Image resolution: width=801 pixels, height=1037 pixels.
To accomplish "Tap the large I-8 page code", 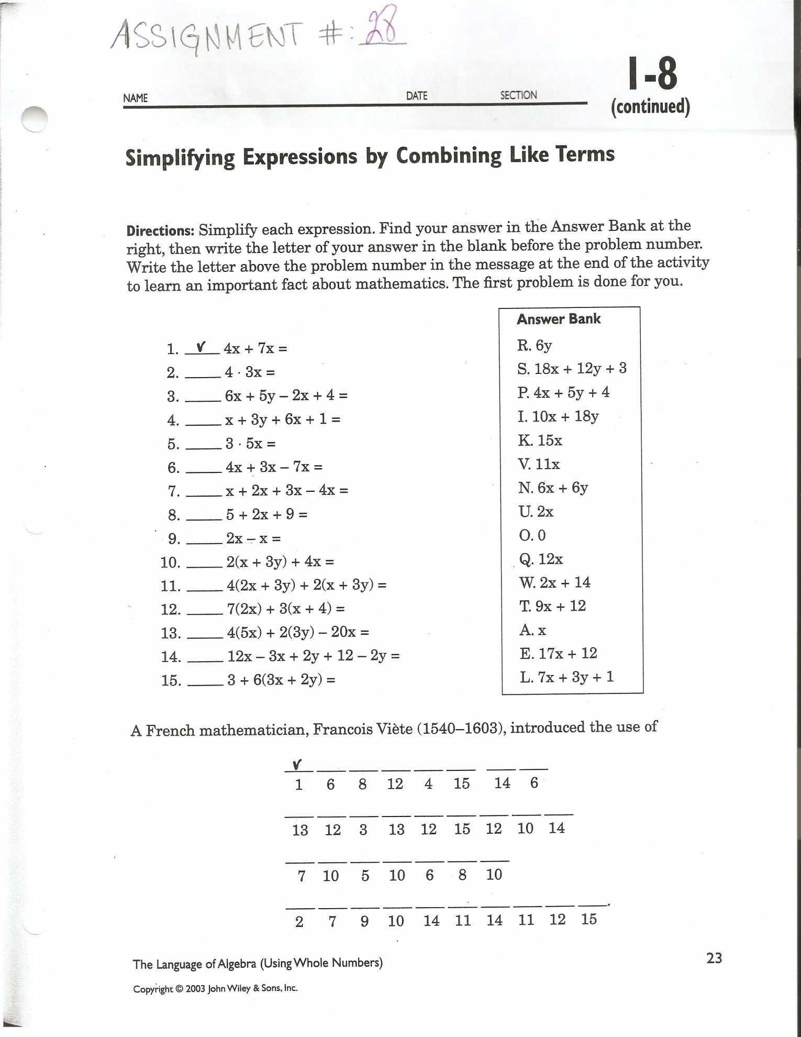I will point(652,74).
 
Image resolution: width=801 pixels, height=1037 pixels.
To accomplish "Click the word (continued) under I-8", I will point(650,106).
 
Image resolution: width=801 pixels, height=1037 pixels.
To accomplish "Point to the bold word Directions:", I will point(161,230).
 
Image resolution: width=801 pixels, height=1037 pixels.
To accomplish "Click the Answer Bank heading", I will point(558,319).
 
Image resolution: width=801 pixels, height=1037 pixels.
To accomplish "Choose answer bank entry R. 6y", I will point(534,345).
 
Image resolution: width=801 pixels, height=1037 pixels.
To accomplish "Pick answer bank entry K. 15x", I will point(540,440).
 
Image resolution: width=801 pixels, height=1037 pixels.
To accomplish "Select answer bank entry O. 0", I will point(532,535).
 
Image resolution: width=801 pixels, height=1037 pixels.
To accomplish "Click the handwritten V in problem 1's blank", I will point(200,347).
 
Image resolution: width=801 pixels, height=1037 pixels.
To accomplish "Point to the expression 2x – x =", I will point(253,538).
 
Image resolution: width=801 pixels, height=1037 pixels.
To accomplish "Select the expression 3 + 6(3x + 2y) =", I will point(281,680).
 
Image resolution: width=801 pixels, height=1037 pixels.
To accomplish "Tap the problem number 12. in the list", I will point(171,609).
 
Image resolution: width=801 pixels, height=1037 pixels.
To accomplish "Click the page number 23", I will point(714,958).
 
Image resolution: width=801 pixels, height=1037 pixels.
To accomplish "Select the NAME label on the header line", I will point(136,98).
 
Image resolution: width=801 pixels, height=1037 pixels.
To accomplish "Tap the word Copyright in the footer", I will point(152,989).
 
